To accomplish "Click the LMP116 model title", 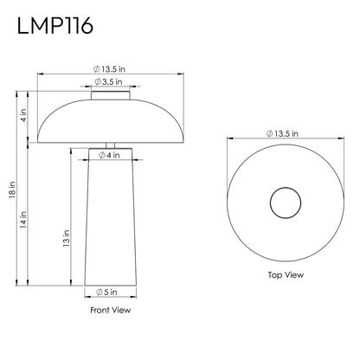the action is click(x=55, y=26).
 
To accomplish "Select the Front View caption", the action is click(x=111, y=310).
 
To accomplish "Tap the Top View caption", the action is click(x=286, y=275).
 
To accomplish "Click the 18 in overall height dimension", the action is click(x=12, y=190).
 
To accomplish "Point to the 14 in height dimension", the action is click(x=23, y=220).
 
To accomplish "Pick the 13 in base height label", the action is click(x=67, y=238).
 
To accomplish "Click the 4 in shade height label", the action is click(x=23, y=115).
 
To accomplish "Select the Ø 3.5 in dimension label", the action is click(x=108, y=82).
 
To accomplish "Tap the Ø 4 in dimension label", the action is click(x=109, y=155).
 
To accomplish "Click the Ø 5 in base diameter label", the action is click(x=106, y=292).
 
